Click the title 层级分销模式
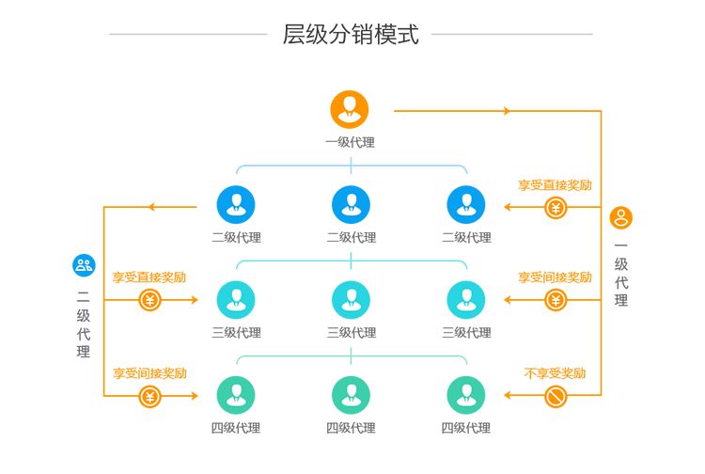pyautogui.click(x=351, y=35)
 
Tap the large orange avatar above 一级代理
pyautogui.click(x=350, y=109)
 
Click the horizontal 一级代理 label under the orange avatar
pyautogui.click(x=351, y=143)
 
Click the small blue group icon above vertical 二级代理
pyautogui.click(x=84, y=265)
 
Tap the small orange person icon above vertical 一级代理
pyautogui.click(x=620, y=218)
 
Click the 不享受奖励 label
pyautogui.click(x=556, y=373)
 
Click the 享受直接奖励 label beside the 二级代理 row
pyautogui.click(x=555, y=185)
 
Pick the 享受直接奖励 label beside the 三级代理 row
pyautogui.click(x=149, y=277)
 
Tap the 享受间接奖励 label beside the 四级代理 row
pyautogui.click(x=149, y=373)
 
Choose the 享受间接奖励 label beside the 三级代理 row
pyautogui.click(x=555, y=277)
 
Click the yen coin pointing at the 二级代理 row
pyautogui.click(x=556, y=207)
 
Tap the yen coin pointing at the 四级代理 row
pyautogui.click(x=149, y=396)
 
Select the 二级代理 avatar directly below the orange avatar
pyautogui.click(x=351, y=204)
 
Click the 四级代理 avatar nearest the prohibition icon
pyautogui.click(x=465, y=395)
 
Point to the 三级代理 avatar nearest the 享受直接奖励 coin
pyautogui.click(x=236, y=299)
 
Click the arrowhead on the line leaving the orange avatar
pyautogui.click(x=507, y=111)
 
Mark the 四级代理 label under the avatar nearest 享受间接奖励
pyautogui.click(x=236, y=428)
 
